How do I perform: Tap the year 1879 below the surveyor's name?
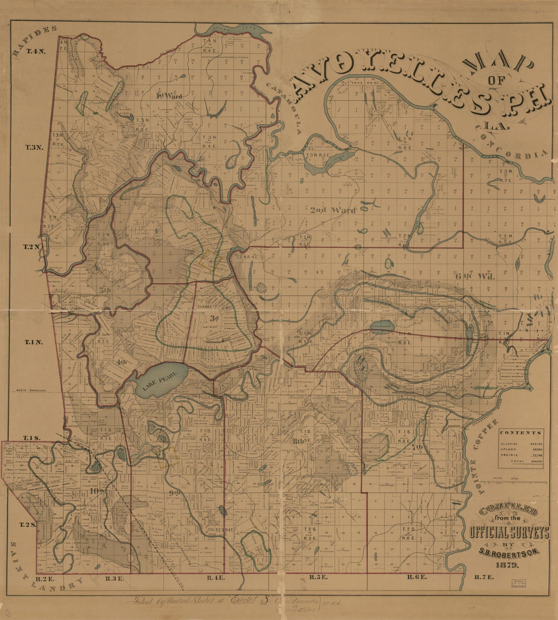508,565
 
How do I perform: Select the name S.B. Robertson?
509,555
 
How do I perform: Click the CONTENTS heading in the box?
520,433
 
